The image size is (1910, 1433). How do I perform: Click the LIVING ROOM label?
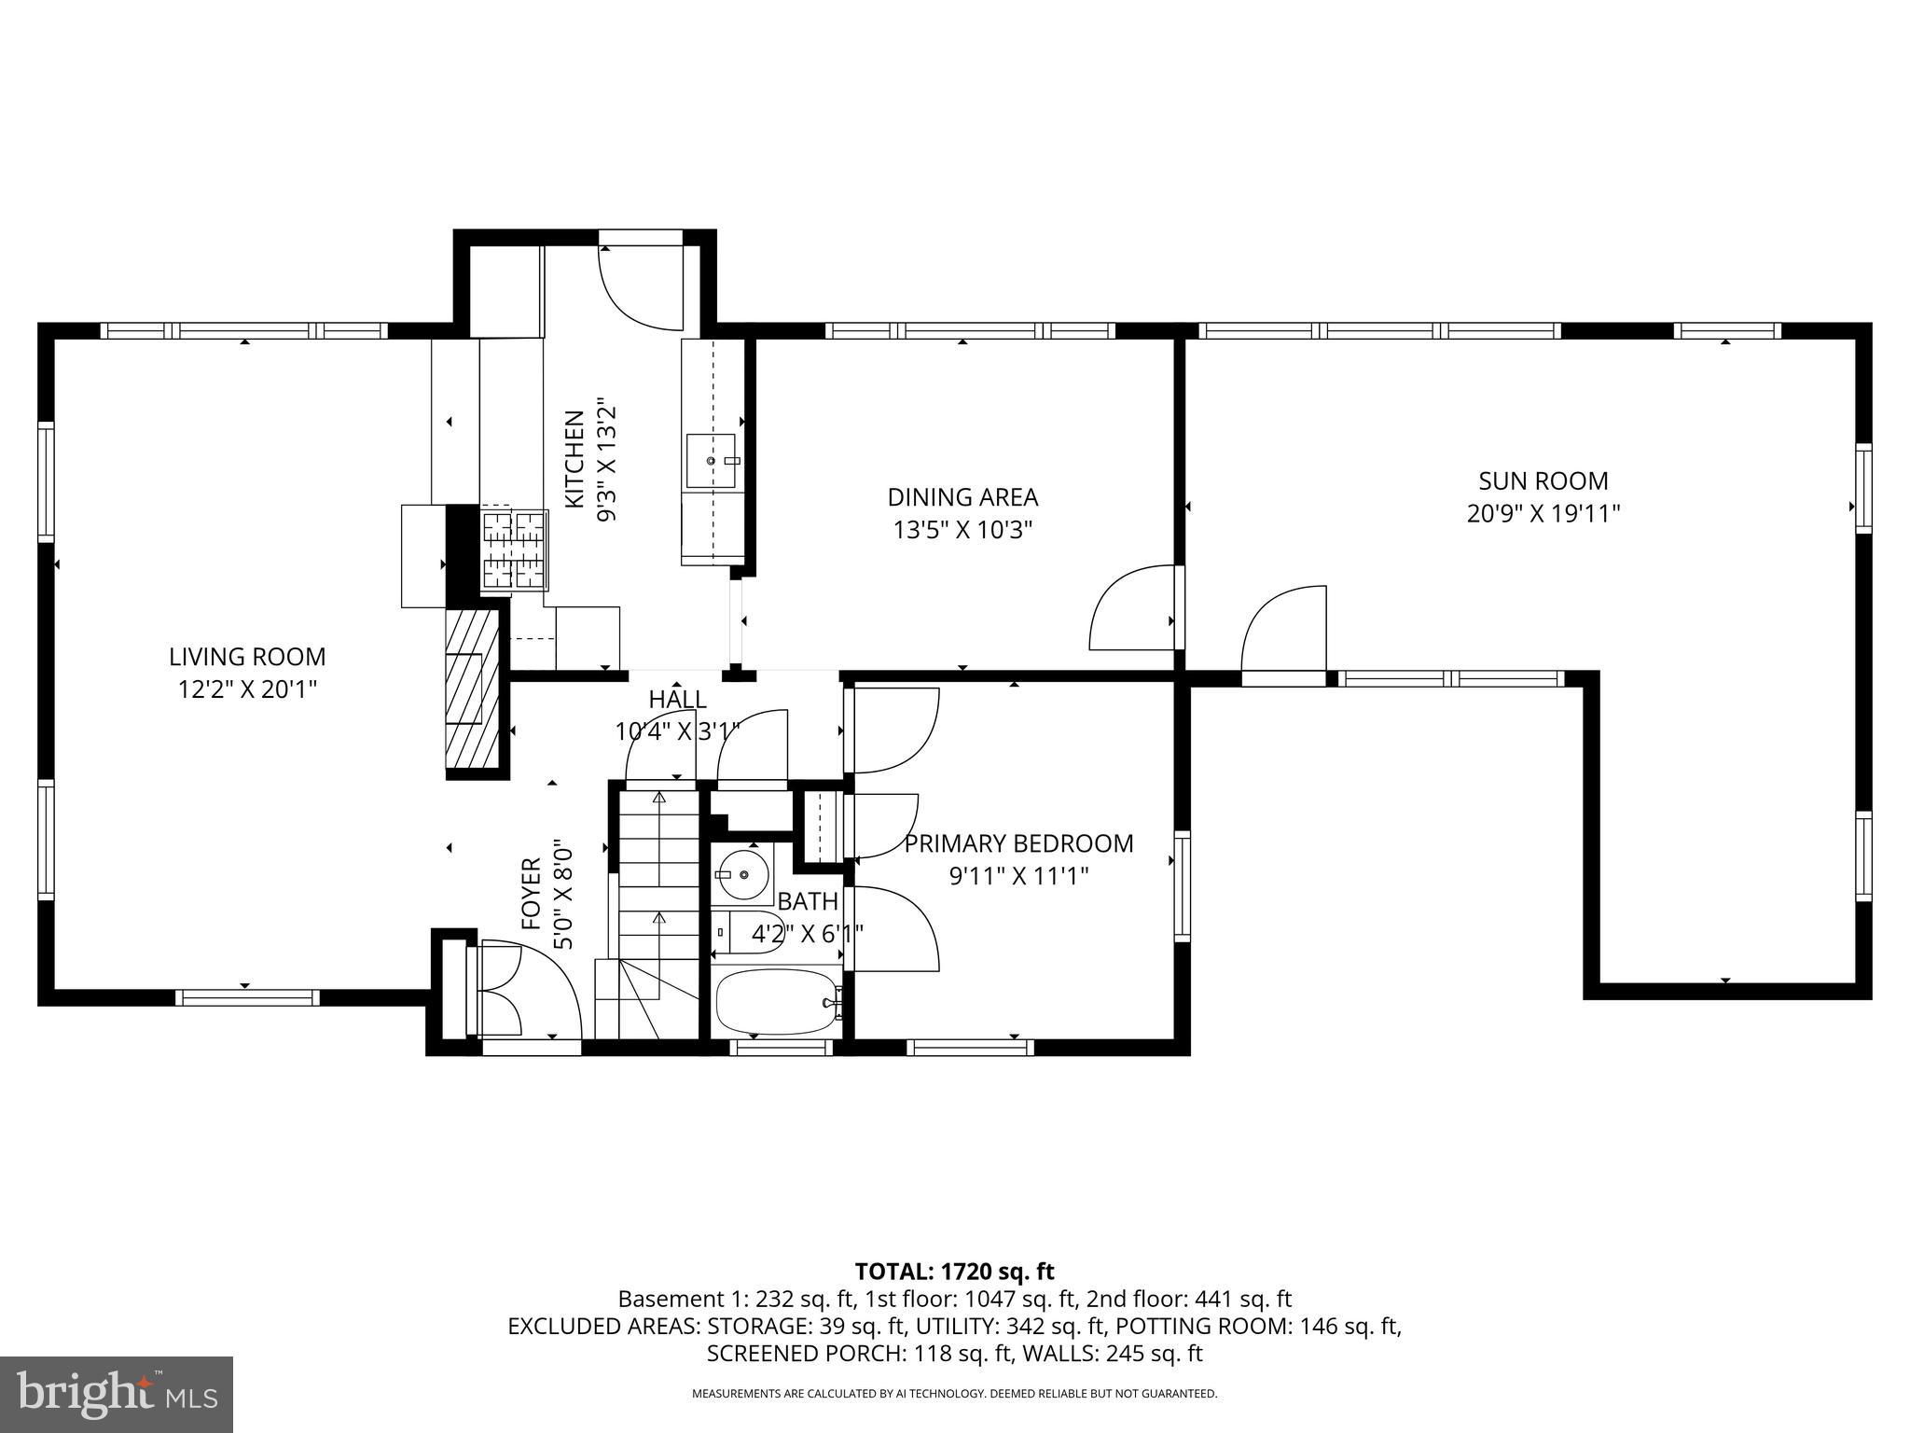click(247, 657)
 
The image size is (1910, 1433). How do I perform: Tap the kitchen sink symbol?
click(711, 461)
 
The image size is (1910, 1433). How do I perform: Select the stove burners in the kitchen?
click(514, 550)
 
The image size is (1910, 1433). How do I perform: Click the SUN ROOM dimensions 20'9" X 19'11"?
click(1543, 514)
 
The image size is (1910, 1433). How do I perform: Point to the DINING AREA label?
click(962, 497)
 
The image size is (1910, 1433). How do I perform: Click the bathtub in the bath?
click(777, 1001)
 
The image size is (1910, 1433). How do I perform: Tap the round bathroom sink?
click(743, 873)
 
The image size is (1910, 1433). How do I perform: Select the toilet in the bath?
click(746, 931)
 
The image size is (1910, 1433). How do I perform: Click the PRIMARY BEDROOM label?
click(1018, 843)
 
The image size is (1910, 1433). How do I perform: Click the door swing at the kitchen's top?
click(642, 287)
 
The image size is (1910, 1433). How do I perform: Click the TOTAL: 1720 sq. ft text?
click(954, 1272)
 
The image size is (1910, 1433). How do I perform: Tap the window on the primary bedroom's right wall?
click(1182, 884)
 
